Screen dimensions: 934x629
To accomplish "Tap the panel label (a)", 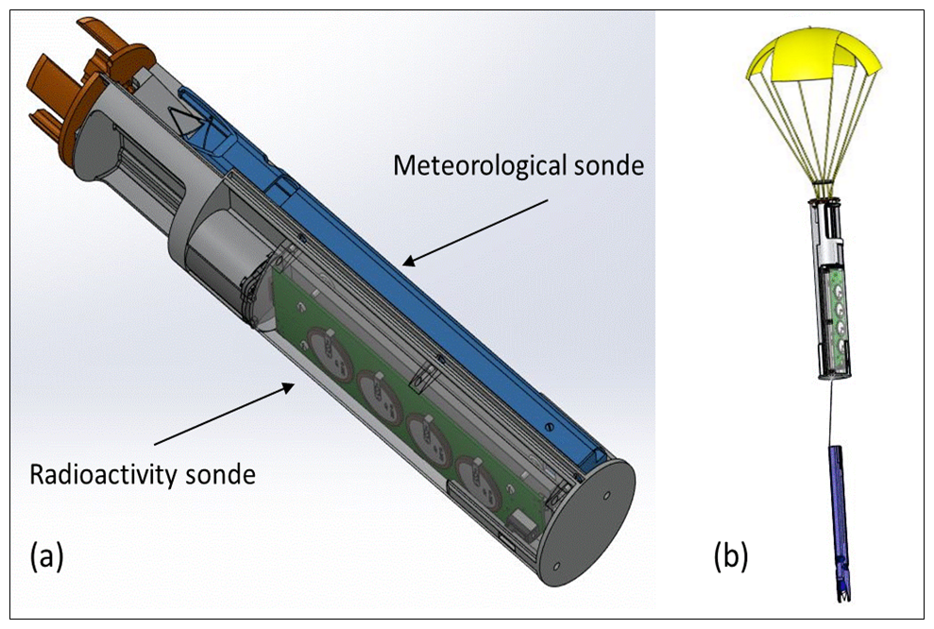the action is pos(46,557).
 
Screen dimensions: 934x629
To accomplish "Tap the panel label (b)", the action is pos(731,557).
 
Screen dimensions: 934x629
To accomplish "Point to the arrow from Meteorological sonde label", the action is pos(475,232).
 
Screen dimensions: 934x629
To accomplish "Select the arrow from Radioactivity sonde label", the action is pos(224,415).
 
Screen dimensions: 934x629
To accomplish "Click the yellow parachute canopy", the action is pos(812,54).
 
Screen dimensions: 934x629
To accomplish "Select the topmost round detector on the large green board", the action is pos(329,355).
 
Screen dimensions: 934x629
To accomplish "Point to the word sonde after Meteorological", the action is pos(609,165).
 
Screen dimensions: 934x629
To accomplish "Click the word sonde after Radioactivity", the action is pos(221,475).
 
